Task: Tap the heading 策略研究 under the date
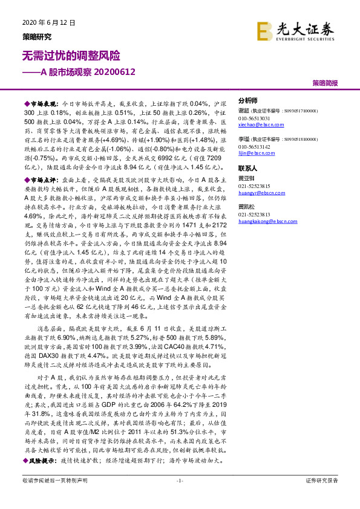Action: pyautogui.click(x=37, y=36)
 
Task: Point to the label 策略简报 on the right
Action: pyautogui.click(x=325, y=82)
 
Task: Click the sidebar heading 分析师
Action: pyautogui.click(x=248, y=101)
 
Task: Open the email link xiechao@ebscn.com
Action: pyautogui.click(x=258, y=124)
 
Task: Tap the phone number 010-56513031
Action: pyautogui.click(x=254, y=118)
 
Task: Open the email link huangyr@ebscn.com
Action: pyautogui.click(x=260, y=192)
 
